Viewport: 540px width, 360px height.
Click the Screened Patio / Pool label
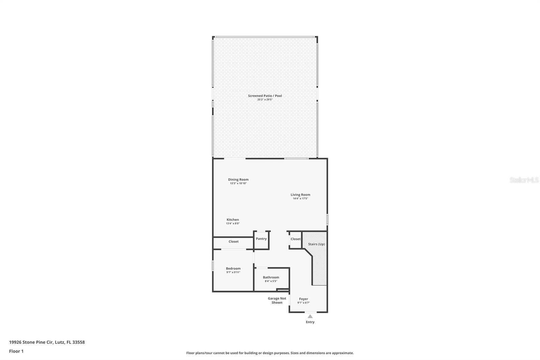(x=265, y=96)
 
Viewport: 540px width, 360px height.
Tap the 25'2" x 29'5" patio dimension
(x=265, y=100)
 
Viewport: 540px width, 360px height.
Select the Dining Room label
(x=238, y=180)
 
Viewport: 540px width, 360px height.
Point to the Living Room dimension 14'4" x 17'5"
(x=300, y=199)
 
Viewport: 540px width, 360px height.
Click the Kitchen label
(x=233, y=220)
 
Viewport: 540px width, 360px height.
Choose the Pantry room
(x=261, y=239)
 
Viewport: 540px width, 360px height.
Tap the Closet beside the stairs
(x=295, y=239)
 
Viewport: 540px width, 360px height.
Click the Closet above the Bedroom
(x=233, y=241)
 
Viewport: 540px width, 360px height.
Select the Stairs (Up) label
(x=317, y=244)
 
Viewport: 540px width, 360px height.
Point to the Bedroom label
(x=233, y=268)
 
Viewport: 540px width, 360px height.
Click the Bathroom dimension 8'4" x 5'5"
(x=271, y=281)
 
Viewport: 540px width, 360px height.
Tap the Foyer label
(x=303, y=299)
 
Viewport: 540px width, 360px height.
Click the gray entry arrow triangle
(x=310, y=316)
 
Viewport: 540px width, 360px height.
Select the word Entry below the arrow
(x=310, y=322)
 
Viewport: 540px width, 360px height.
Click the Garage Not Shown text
(x=277, y=300)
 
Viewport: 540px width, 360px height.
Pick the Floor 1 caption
(x=16, y=351)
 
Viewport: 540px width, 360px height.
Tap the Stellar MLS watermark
(x=524, y=180)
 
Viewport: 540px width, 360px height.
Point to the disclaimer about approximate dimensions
(x=270, y=353)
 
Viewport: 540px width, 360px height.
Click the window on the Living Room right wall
(x=327, y=220)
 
